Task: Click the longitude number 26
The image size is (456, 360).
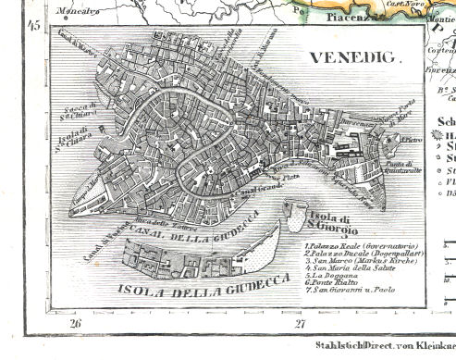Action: (x=75, y=323)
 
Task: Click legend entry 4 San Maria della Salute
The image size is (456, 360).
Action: (x=346, y=271)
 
